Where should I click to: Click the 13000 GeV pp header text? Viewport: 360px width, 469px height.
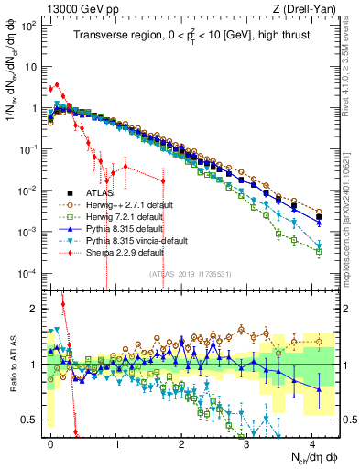pyautogui.click(x=71, y=8)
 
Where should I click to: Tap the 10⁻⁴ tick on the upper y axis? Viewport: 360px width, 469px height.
pyautogui.click(x=28, y=273)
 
